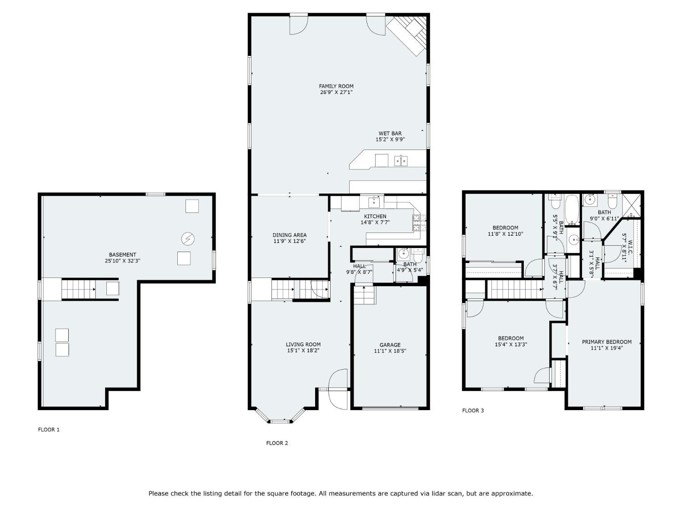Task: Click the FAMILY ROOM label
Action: [336, 86]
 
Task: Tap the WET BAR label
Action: [390, 134]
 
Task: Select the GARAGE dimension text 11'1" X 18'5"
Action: [390, 351]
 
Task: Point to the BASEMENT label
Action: [122, 255]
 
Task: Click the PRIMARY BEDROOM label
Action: [607, 342]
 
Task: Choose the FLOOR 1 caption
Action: [49, 430]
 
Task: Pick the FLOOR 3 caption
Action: [473, 411]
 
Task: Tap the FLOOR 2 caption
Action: [277, 443]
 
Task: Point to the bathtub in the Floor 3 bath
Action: [572, 210]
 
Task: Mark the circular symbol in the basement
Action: [188, 238]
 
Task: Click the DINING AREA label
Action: [290, 235]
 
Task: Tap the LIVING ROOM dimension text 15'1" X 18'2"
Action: [303, 350]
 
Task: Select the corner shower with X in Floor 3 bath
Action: [632, 205]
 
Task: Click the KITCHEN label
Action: [375, 216]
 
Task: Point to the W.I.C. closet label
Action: [630, 247]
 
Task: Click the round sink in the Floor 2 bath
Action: [403, 254]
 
